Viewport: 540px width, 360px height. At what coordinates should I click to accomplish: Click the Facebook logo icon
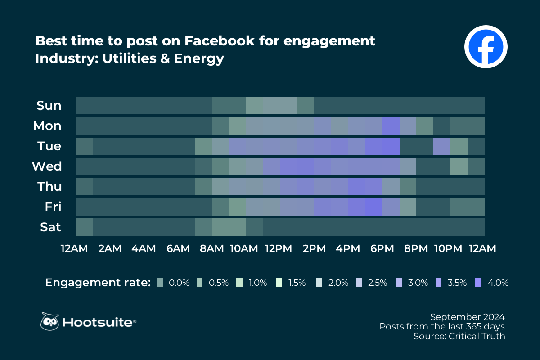click(x=486, y=46)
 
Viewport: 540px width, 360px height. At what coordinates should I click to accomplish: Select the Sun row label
click(x=49, y=106)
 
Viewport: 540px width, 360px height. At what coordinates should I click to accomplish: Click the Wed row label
click(x=47, y=166)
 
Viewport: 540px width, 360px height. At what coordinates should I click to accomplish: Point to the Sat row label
click(x=50, y=227)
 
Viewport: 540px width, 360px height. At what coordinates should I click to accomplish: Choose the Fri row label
click(x=53, y=207)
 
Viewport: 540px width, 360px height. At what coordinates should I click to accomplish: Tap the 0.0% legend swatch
click(x=160, y=283)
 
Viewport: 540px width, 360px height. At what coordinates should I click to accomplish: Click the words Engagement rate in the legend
click(x=97, y=283)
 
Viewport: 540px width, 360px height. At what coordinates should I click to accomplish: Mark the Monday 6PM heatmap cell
click(x=391, y=126)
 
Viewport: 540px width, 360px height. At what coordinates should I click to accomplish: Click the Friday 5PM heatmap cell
click(x=373, y=207)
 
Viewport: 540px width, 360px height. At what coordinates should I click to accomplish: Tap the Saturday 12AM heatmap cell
click(x=85, y=227)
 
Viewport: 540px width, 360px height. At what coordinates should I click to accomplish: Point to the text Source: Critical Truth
click(x=459, y=336)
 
